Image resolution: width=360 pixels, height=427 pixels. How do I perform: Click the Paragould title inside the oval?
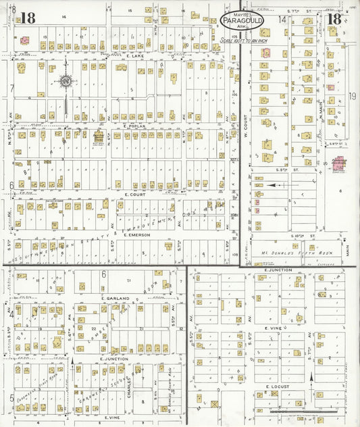[242, 22]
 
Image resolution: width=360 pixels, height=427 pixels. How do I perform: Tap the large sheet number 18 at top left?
[28, 18]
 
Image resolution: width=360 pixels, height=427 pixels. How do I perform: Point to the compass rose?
[66, 82]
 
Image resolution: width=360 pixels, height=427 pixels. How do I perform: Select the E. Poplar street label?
[134, 126]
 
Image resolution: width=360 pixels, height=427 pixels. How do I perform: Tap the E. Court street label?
[136, 194]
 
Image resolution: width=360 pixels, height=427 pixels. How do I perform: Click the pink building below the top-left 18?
[24, 41]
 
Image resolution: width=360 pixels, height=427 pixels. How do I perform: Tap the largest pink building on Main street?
[338, 164]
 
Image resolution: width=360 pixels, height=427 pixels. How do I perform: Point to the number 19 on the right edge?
[353, 96]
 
